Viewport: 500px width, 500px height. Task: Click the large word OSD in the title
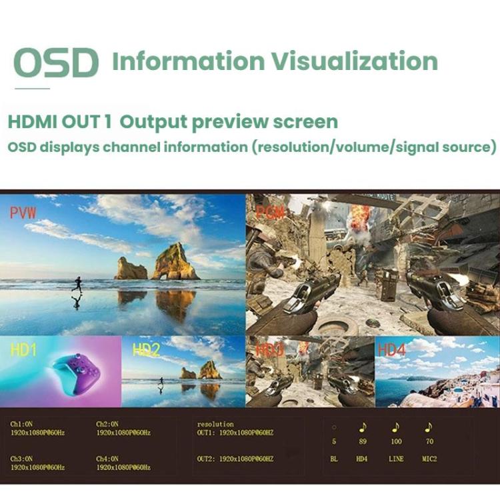click(56, 63)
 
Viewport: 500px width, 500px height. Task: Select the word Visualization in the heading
click(354, 61)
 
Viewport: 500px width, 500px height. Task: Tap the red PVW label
click(23, 213)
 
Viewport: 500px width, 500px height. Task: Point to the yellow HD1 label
click(23, 350)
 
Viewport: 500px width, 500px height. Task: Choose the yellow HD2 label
click(147, 350)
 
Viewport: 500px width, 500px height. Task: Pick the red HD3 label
click(269, 350)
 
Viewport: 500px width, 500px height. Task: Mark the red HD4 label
click(392, 350)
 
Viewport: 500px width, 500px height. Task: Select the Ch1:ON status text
click(22, 424)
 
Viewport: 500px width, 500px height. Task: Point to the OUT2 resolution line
click(235, 459)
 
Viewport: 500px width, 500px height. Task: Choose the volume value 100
click(397, 441)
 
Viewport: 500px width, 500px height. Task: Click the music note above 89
click(363, 427)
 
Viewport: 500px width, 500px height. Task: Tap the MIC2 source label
click(429, 459)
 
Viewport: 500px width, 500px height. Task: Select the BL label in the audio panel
click(334, 459)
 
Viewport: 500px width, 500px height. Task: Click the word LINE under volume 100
click(397, 459)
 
